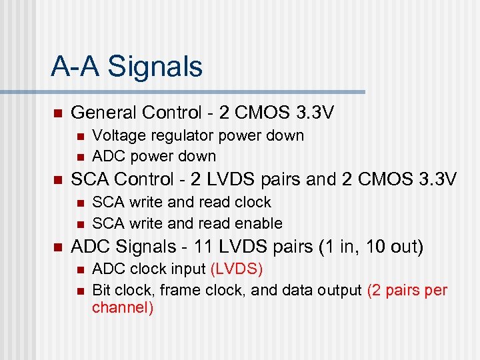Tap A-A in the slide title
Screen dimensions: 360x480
77,67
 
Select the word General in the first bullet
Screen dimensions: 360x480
101,113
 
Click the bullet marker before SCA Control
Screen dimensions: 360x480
57,180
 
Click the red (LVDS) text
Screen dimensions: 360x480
237,269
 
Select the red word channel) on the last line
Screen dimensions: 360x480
123,308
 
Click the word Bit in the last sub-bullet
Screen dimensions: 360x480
101,291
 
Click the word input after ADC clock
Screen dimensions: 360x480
187,269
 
